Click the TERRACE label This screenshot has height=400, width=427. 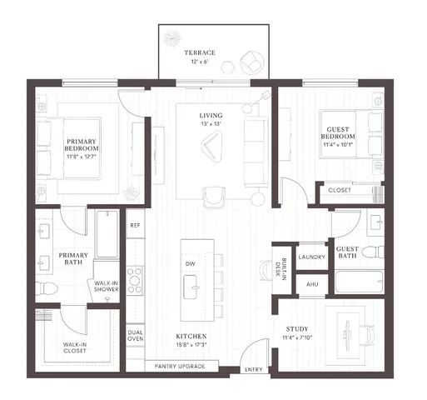coord(200,52)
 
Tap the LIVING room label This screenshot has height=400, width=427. coord(210,116)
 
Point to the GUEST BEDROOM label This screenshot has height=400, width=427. coord(338,135)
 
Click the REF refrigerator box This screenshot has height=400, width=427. coord(134,226)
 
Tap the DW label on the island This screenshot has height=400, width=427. coord(190,265)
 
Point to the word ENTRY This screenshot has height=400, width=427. coord(252,369)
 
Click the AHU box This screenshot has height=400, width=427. coord(313,284)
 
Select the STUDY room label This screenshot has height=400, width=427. coord(297,329)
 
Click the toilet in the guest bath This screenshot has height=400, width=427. coord(380,252)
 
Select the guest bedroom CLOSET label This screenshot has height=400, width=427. coord(340,190)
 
